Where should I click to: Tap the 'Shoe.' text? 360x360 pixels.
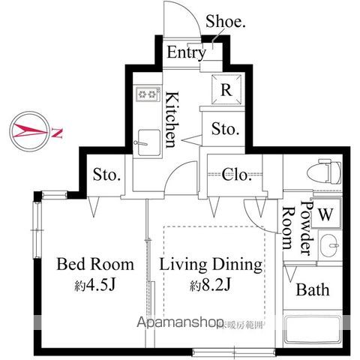click(225, 22)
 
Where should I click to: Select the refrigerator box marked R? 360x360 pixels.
click(226, 89)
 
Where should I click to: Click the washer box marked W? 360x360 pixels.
click(325, 213)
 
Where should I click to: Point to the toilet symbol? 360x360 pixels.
click(328, 172)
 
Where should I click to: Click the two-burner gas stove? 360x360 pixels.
click(148, 94)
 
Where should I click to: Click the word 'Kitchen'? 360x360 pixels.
click(172, 118)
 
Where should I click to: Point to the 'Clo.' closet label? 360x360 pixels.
click(237, 175)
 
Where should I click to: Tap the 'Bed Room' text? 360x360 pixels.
click(96, 265)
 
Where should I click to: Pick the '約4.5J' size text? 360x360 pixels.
click(96, 286)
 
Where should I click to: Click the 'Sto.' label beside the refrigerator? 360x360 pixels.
click(224, 128)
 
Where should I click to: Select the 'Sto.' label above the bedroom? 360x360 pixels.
click(107, 175)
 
